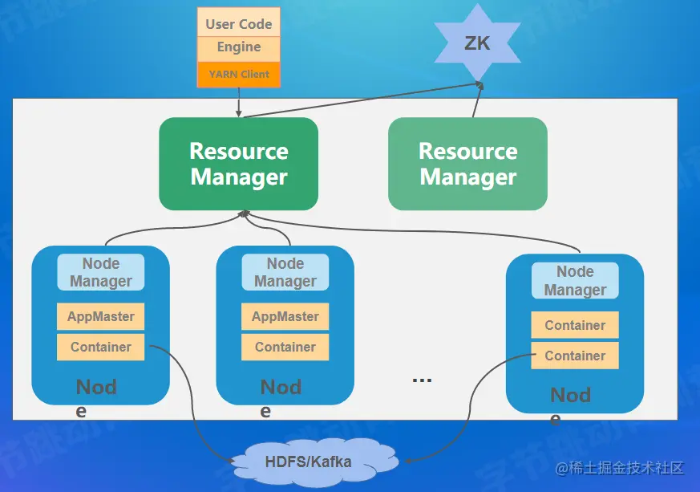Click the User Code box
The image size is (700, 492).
(x=239, y=23)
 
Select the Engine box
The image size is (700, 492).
(x=239, y=47)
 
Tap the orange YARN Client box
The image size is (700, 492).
(x=239, y=75)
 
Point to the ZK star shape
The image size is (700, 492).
(x=477, y=43)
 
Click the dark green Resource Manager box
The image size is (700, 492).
(x=239, y=164)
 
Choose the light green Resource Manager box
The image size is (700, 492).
(x=467, y=164)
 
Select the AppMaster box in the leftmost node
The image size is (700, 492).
(x=101, y=316)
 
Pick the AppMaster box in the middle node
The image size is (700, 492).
(x=285, y=316)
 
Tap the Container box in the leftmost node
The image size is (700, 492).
(x=101, y=347)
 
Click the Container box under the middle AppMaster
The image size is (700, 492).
(x=285, y=347)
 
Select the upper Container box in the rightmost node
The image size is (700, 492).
(x=575, y=325)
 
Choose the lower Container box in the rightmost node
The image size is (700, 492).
(x=575, y=356)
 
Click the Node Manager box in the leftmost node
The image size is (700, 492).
(x=101, y=272)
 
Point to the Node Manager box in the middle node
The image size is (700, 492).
(x=285, y=272)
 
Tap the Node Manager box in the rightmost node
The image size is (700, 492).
(x=575, y=280)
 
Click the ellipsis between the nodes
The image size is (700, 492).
(x=422, y=379)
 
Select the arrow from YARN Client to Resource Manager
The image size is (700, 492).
(x=239, y=103)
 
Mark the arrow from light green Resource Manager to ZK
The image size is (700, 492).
(x=477, y=100)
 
